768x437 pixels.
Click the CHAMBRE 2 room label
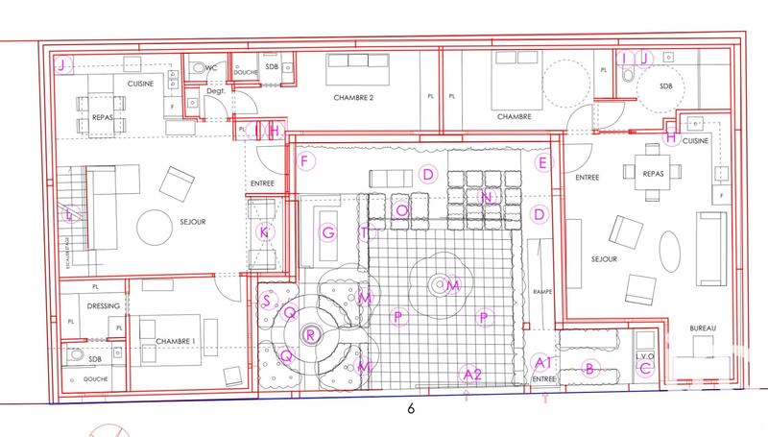coord(353,98)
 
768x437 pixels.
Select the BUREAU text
coord(704,329)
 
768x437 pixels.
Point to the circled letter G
coord(328,232)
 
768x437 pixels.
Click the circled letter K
coord(266,232)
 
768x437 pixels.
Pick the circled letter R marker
coord(310,334)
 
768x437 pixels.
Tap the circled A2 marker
coord(470,374)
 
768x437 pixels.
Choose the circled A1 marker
coord(541,363)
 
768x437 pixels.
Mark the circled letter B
coord(591,366)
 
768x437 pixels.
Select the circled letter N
coord(487,198)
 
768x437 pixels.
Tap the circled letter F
coord(304,161)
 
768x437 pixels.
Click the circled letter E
coord(542,163)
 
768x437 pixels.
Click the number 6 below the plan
coord(411,409)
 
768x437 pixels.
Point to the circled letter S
coord(266,300)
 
